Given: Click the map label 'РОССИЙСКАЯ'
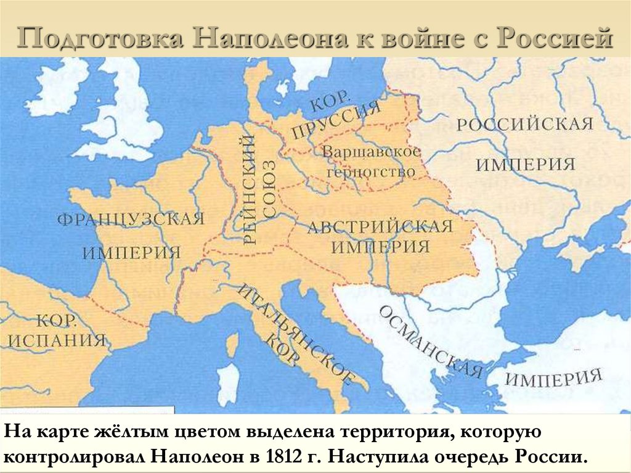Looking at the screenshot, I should (x=524, y=125).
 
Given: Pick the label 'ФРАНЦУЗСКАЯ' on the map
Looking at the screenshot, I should (x=131, y=220).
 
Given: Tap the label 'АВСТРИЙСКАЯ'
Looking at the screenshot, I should (x=380, y=226).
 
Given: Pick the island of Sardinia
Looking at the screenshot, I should (x=229, y=382).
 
